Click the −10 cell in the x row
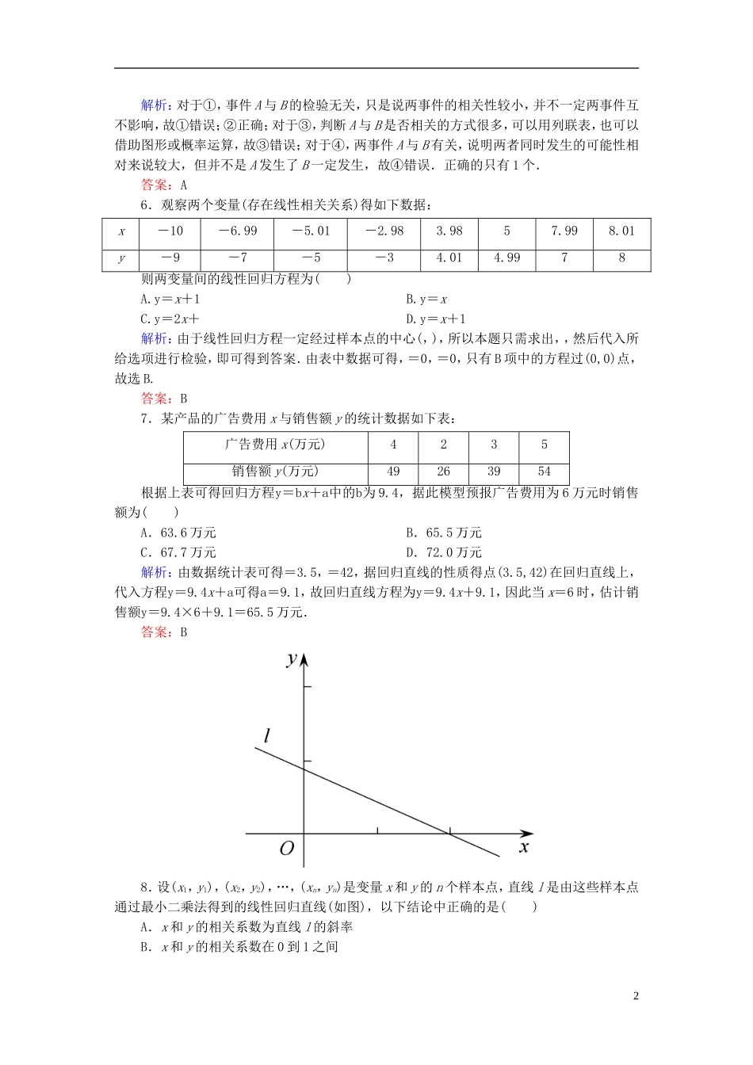click(x=170, y=231)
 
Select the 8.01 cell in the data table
click(x=621, y=231)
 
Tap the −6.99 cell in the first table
click(x=238, y=231)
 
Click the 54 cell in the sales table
click(x=544, y=471)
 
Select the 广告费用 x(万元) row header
click(x=275, y=445)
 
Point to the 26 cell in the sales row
click(x=443, y=471)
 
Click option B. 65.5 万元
click(x=444, y=532)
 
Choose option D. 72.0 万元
click(x=444, y=552)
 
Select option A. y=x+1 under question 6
click(x=170, y=299)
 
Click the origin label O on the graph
click(x=287, y=849)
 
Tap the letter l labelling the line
click(x=267, y=736)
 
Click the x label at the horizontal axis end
click(x=524, y=847)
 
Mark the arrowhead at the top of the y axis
click(x=304, y=659)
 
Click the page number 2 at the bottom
click(x=636, y=996)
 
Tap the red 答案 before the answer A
click(x=155, y=185)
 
